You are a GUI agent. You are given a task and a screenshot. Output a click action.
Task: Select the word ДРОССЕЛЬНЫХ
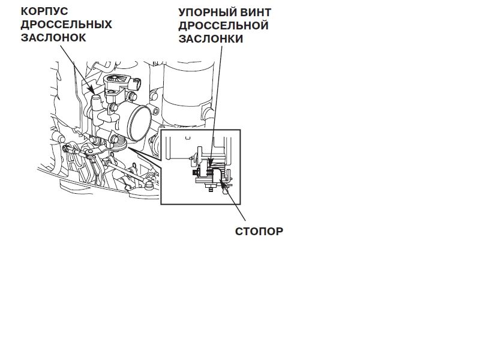[x=67, y=24]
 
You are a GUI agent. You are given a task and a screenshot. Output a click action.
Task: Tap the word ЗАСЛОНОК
[x=53, y=37]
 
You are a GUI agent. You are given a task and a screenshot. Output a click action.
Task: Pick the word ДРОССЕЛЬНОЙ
[x=223, y=25]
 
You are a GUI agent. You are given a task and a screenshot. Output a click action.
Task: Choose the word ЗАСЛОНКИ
[x=210, y=38]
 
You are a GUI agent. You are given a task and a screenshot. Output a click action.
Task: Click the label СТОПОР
[x=259, y=230]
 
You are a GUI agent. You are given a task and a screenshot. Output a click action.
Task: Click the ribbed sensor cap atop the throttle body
[x=119, y=81]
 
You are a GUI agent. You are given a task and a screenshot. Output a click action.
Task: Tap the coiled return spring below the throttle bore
[x=120, y=141]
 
